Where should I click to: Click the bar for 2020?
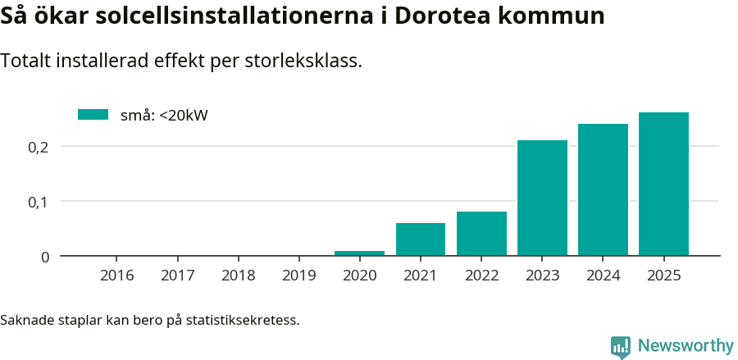click(359, 253)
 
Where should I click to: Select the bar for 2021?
click(421, 239)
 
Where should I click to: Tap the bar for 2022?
click(481, 234)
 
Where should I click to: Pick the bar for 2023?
click(542, 198)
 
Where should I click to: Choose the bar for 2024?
click(603, 190)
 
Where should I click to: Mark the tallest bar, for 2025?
click(663, 185)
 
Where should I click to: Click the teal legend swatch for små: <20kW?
click(93, 115)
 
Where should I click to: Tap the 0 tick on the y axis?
click(45, 257)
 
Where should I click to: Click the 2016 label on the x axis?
click(116, 276)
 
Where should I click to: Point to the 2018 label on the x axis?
click(238, 276)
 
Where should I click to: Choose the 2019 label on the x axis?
click(298, 276)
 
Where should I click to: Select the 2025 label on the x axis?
click(663, 276)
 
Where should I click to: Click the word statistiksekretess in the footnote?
click(243, 319)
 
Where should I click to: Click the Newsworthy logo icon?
click(621, 347)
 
